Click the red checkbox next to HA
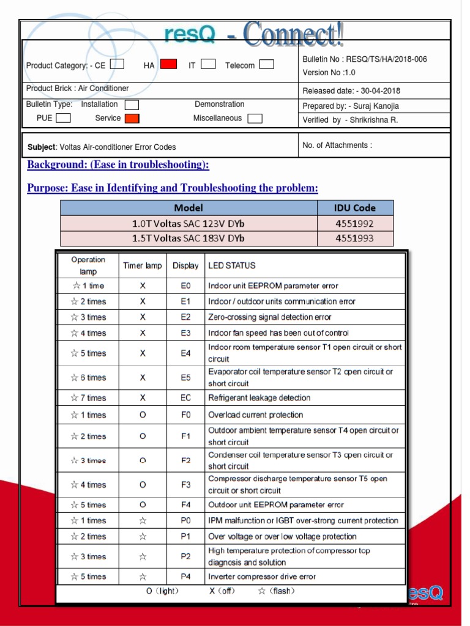[169, 64]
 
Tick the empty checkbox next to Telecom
[266, 64]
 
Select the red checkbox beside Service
[132, 119]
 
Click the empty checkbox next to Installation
[132, 105]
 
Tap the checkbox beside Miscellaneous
[255, 119]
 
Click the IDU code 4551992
[355, 224]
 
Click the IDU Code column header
[355, 208]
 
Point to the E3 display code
[185, 333]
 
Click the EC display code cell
[185, 398]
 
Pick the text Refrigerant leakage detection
[259, 398]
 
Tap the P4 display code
[185, 576]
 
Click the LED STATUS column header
[232, 266]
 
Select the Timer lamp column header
[143, 266]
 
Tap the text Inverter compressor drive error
[262, 576]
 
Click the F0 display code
[185, 415]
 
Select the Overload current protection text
[256, 415]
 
